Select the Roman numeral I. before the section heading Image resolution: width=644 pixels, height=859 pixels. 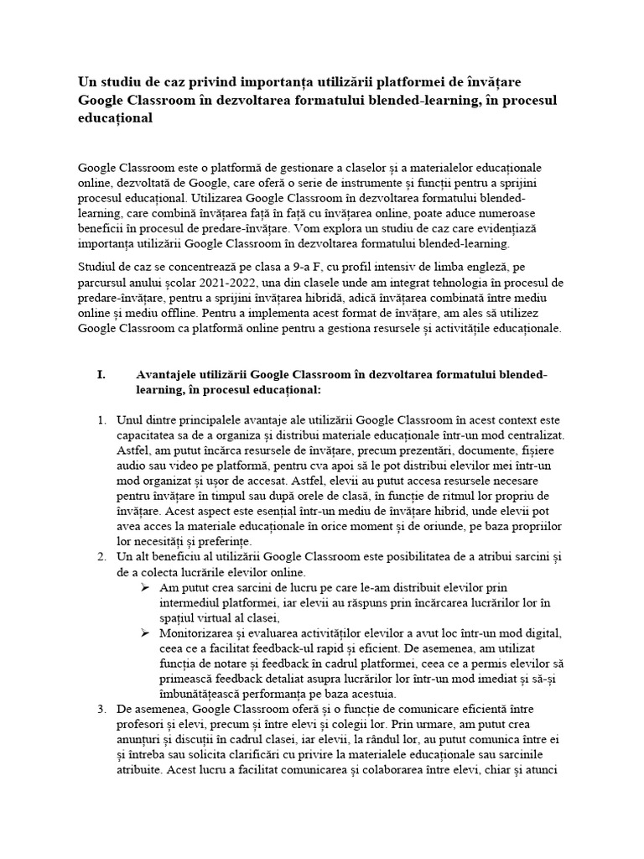(x=101, y=375)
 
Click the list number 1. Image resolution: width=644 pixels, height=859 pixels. (x=101, y=420)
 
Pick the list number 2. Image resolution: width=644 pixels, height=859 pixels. (x=101, y=556)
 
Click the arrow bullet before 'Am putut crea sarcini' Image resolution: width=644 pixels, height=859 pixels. (x=144, y=586)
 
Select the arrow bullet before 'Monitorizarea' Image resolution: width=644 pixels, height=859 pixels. (x=144, y=633)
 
